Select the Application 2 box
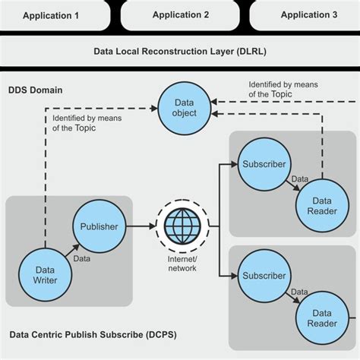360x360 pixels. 181,14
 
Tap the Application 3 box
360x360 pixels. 308,14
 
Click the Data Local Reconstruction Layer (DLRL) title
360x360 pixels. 180,52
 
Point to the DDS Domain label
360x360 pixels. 36,90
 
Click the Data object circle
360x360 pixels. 184,106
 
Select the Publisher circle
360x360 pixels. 99,226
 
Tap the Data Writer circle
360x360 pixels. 43,273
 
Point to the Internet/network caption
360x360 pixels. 182,264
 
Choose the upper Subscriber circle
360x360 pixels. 264,164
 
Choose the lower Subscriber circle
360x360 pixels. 264,275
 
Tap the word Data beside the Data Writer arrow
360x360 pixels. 81,259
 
